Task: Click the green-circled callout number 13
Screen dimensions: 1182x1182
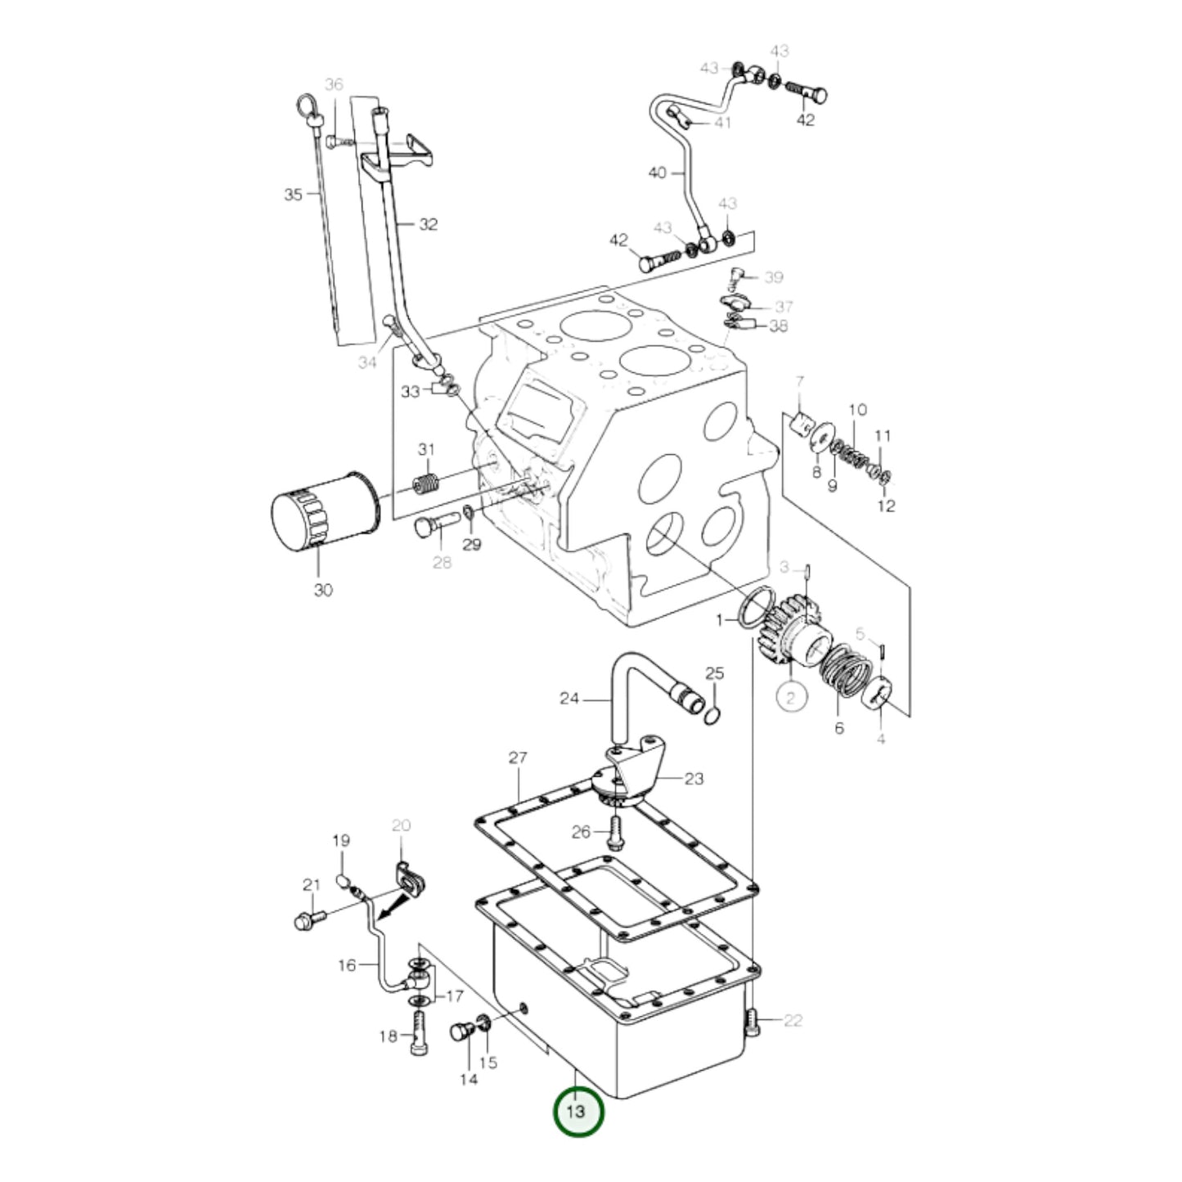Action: click(578, 1111)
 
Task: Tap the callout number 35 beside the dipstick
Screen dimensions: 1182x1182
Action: click(293, 195)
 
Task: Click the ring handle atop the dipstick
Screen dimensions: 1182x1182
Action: click(305, 106)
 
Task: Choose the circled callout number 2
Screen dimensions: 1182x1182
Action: click(790, 698)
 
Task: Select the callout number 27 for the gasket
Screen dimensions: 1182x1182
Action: click(518, 758)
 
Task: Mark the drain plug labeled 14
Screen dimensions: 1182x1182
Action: click(463, 1031)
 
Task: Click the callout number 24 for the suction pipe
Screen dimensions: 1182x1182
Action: click(569, 699)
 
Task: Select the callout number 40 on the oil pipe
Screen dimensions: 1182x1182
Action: click(658, 173)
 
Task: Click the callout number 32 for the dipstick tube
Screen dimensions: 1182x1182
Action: click(429, 224)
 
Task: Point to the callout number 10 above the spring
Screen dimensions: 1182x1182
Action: click(856, 410)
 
